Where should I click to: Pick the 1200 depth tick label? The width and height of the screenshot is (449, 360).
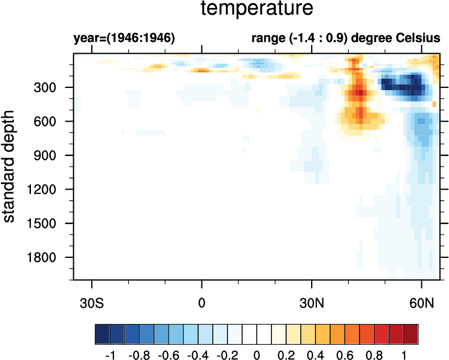50,190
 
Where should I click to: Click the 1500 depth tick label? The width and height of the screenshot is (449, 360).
50,223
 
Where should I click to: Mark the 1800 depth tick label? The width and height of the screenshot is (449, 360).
50,257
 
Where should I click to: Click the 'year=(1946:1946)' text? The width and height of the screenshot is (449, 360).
124,39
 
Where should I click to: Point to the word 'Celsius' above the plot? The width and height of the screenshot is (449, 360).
420,39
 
